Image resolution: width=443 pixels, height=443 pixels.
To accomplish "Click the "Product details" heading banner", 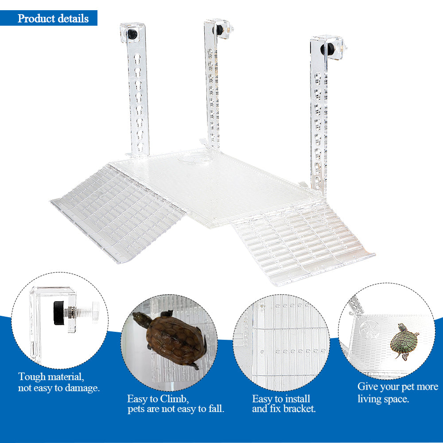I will point(53,19).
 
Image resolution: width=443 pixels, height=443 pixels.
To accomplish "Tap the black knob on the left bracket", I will point(132,34).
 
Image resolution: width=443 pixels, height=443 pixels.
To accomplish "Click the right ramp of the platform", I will point(301,241).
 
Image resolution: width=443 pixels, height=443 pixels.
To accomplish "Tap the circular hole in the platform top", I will point(195,157).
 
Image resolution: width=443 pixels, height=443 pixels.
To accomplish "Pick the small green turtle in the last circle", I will point(404,340).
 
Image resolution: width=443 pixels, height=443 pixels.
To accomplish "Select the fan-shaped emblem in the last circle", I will point(368,330).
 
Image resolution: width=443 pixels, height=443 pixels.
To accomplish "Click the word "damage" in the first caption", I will point(82,388).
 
